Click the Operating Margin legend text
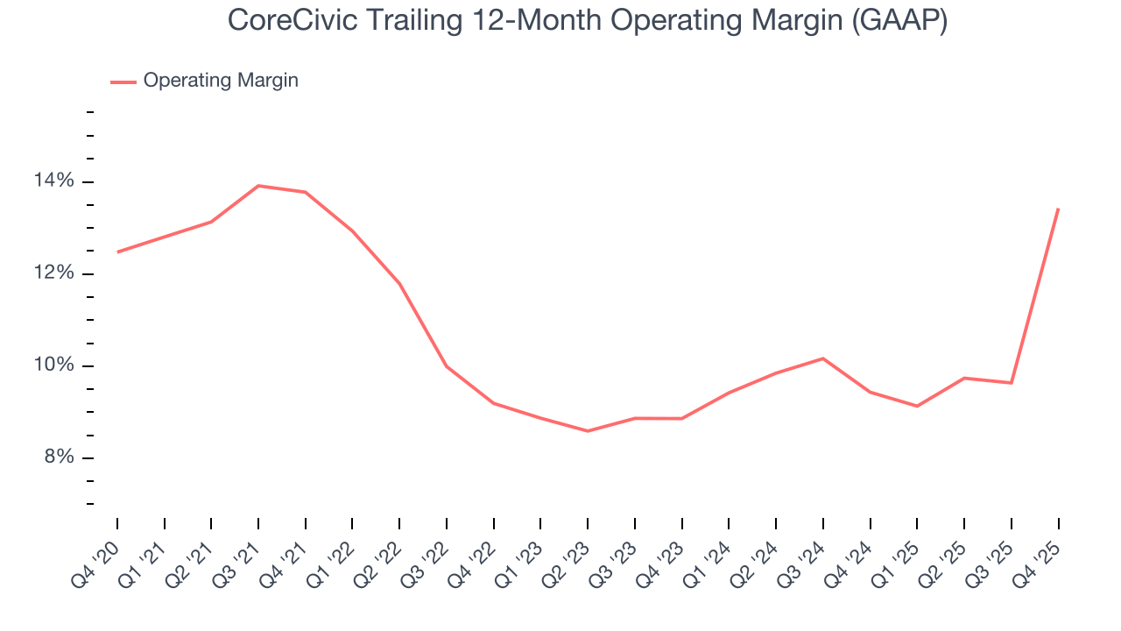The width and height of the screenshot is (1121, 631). tap(221, 81)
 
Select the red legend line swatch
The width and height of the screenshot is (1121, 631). tap(123, 82)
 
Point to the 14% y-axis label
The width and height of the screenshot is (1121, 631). tap(54, 181)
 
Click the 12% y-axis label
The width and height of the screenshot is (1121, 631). tap(54, 273)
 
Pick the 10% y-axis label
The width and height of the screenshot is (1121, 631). tap(54, 365)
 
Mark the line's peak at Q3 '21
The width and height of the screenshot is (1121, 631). tap(258, 186)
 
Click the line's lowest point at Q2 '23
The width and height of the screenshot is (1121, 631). tap(588, 431)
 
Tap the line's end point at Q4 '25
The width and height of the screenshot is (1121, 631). tap(1058, 209)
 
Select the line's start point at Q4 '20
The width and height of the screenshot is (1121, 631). tap(117, 252)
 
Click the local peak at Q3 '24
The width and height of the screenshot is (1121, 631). tap(823, 358)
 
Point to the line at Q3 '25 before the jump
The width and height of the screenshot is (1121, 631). tap(1012, 383)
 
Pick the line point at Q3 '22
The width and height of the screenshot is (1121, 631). tap(447, 366)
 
